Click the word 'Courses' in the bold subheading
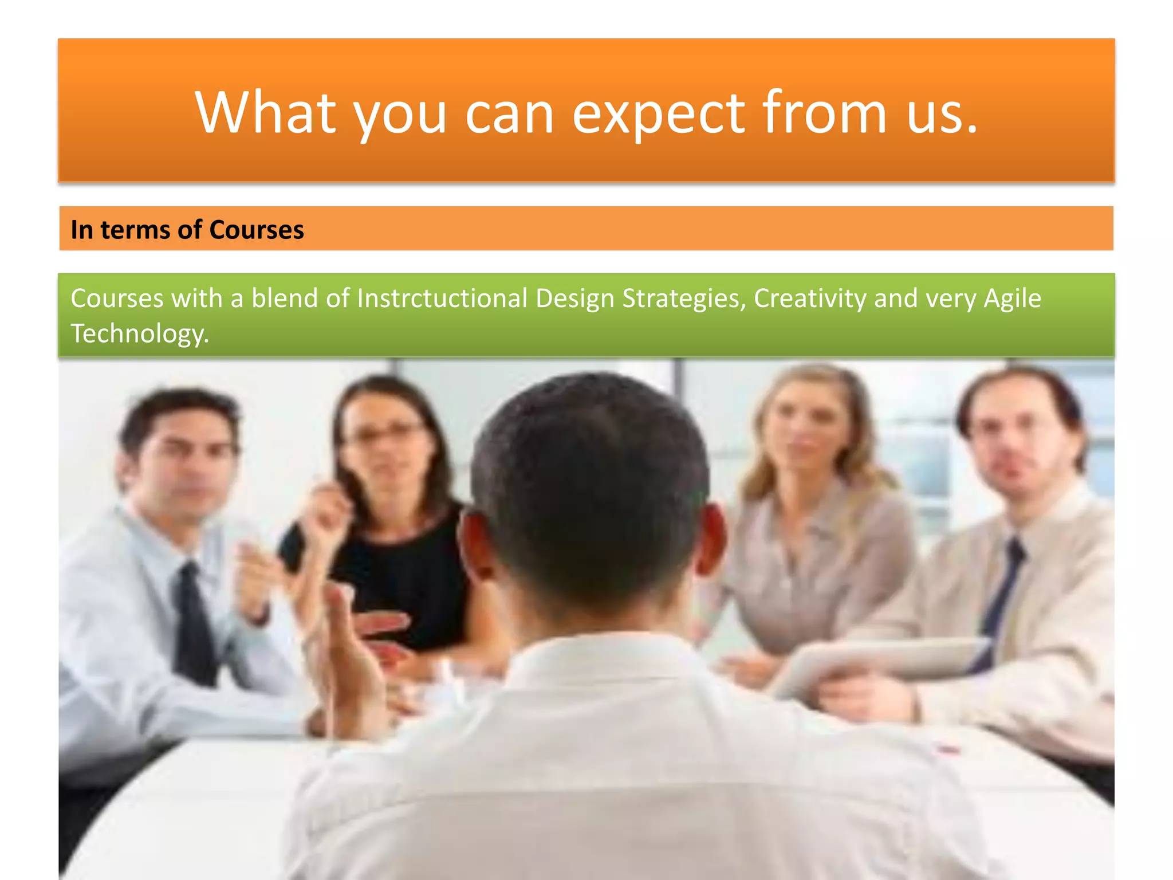click(x=256, y=230)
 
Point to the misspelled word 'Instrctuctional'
click(x=442, y=298)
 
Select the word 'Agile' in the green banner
click(x=1012, y=298)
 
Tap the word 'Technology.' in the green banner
click(x=140, y=333)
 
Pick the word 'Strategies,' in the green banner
click(x=684, y=298)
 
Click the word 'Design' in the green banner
click(x=574, y=298)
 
